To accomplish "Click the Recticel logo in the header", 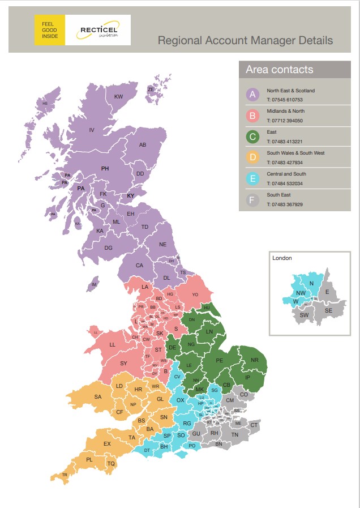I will (x=98, y=30).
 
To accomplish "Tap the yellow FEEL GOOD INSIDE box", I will (x=50, y=30).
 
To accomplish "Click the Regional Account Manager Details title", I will (x=245, y=41).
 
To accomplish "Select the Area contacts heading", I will (x=279, y=70).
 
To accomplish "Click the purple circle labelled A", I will (x=253, y=95).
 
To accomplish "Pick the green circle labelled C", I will (x=253, y=136).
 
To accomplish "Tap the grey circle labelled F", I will (x=253, y=200).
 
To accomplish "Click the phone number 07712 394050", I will (x=285, y=121).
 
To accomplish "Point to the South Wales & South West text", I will (x=295, y=153).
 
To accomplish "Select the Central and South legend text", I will (x=286, y=174).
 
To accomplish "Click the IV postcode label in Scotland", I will (x=91, y=130).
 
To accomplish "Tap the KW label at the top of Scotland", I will (x=118, y=97).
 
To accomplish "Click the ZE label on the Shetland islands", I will (x=151, y=89).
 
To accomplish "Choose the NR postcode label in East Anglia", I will (x=254, y=360).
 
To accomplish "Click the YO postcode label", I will (x=195, y=295).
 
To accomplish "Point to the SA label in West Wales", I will (x=98, y=397).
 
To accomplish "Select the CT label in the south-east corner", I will (x=254, y=425).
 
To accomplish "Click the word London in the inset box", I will (x=282, y=258).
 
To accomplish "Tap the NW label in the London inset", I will (x=301, y=293).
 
